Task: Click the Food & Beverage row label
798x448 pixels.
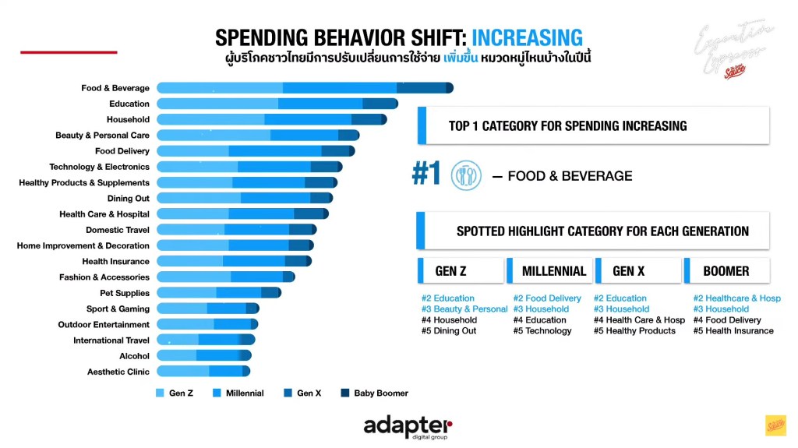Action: [115, 88]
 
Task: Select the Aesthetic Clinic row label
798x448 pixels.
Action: [118, 372]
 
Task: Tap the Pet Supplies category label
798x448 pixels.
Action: [125, 293]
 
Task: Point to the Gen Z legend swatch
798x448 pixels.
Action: [161, 393]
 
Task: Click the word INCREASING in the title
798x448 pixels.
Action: [527, 37]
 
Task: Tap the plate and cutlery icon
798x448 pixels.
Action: [466, 175]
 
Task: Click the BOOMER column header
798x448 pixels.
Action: [726, 271]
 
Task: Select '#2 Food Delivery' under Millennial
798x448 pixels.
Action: [547, 298]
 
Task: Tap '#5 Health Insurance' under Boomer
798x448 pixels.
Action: [733, 331]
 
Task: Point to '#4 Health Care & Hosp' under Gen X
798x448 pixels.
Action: [639, 320]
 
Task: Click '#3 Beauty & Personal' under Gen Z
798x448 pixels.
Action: [464, 309]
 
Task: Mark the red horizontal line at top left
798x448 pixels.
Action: [69, 52]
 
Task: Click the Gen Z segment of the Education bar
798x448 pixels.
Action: [217, 104]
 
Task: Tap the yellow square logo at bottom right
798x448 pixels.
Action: [775, 425]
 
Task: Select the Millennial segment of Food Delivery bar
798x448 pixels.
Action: [275, 151]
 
